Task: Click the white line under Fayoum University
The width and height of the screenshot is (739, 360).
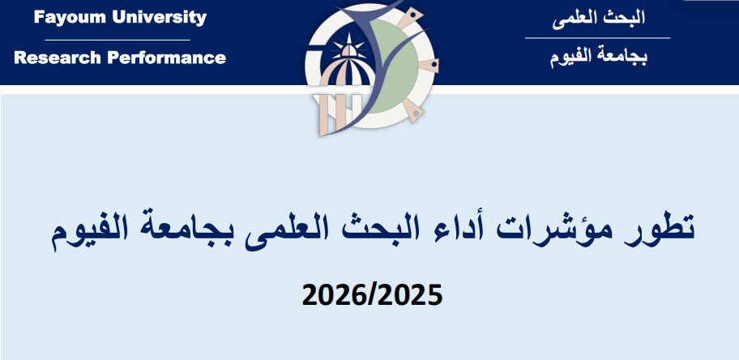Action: (x=117, y=40)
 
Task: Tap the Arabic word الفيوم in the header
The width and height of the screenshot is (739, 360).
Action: (x=570, y=58)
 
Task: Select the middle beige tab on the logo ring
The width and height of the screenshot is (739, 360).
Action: (x=429, y=66)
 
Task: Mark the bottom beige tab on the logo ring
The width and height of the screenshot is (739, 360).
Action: (x=413, y=110)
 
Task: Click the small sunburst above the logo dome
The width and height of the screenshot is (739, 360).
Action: (x=348, y=45)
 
